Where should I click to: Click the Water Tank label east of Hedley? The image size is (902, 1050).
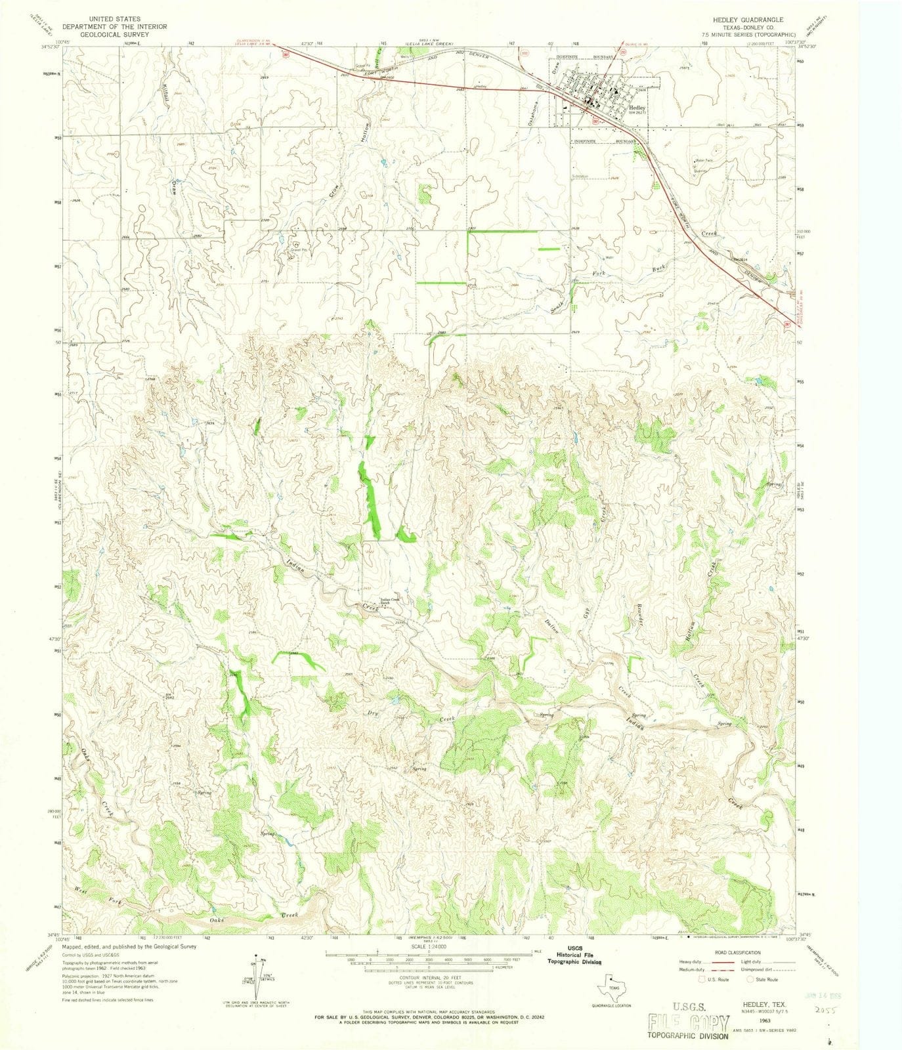(x=704, y=161)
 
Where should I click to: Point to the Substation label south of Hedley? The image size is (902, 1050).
(x=580, y=176)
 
